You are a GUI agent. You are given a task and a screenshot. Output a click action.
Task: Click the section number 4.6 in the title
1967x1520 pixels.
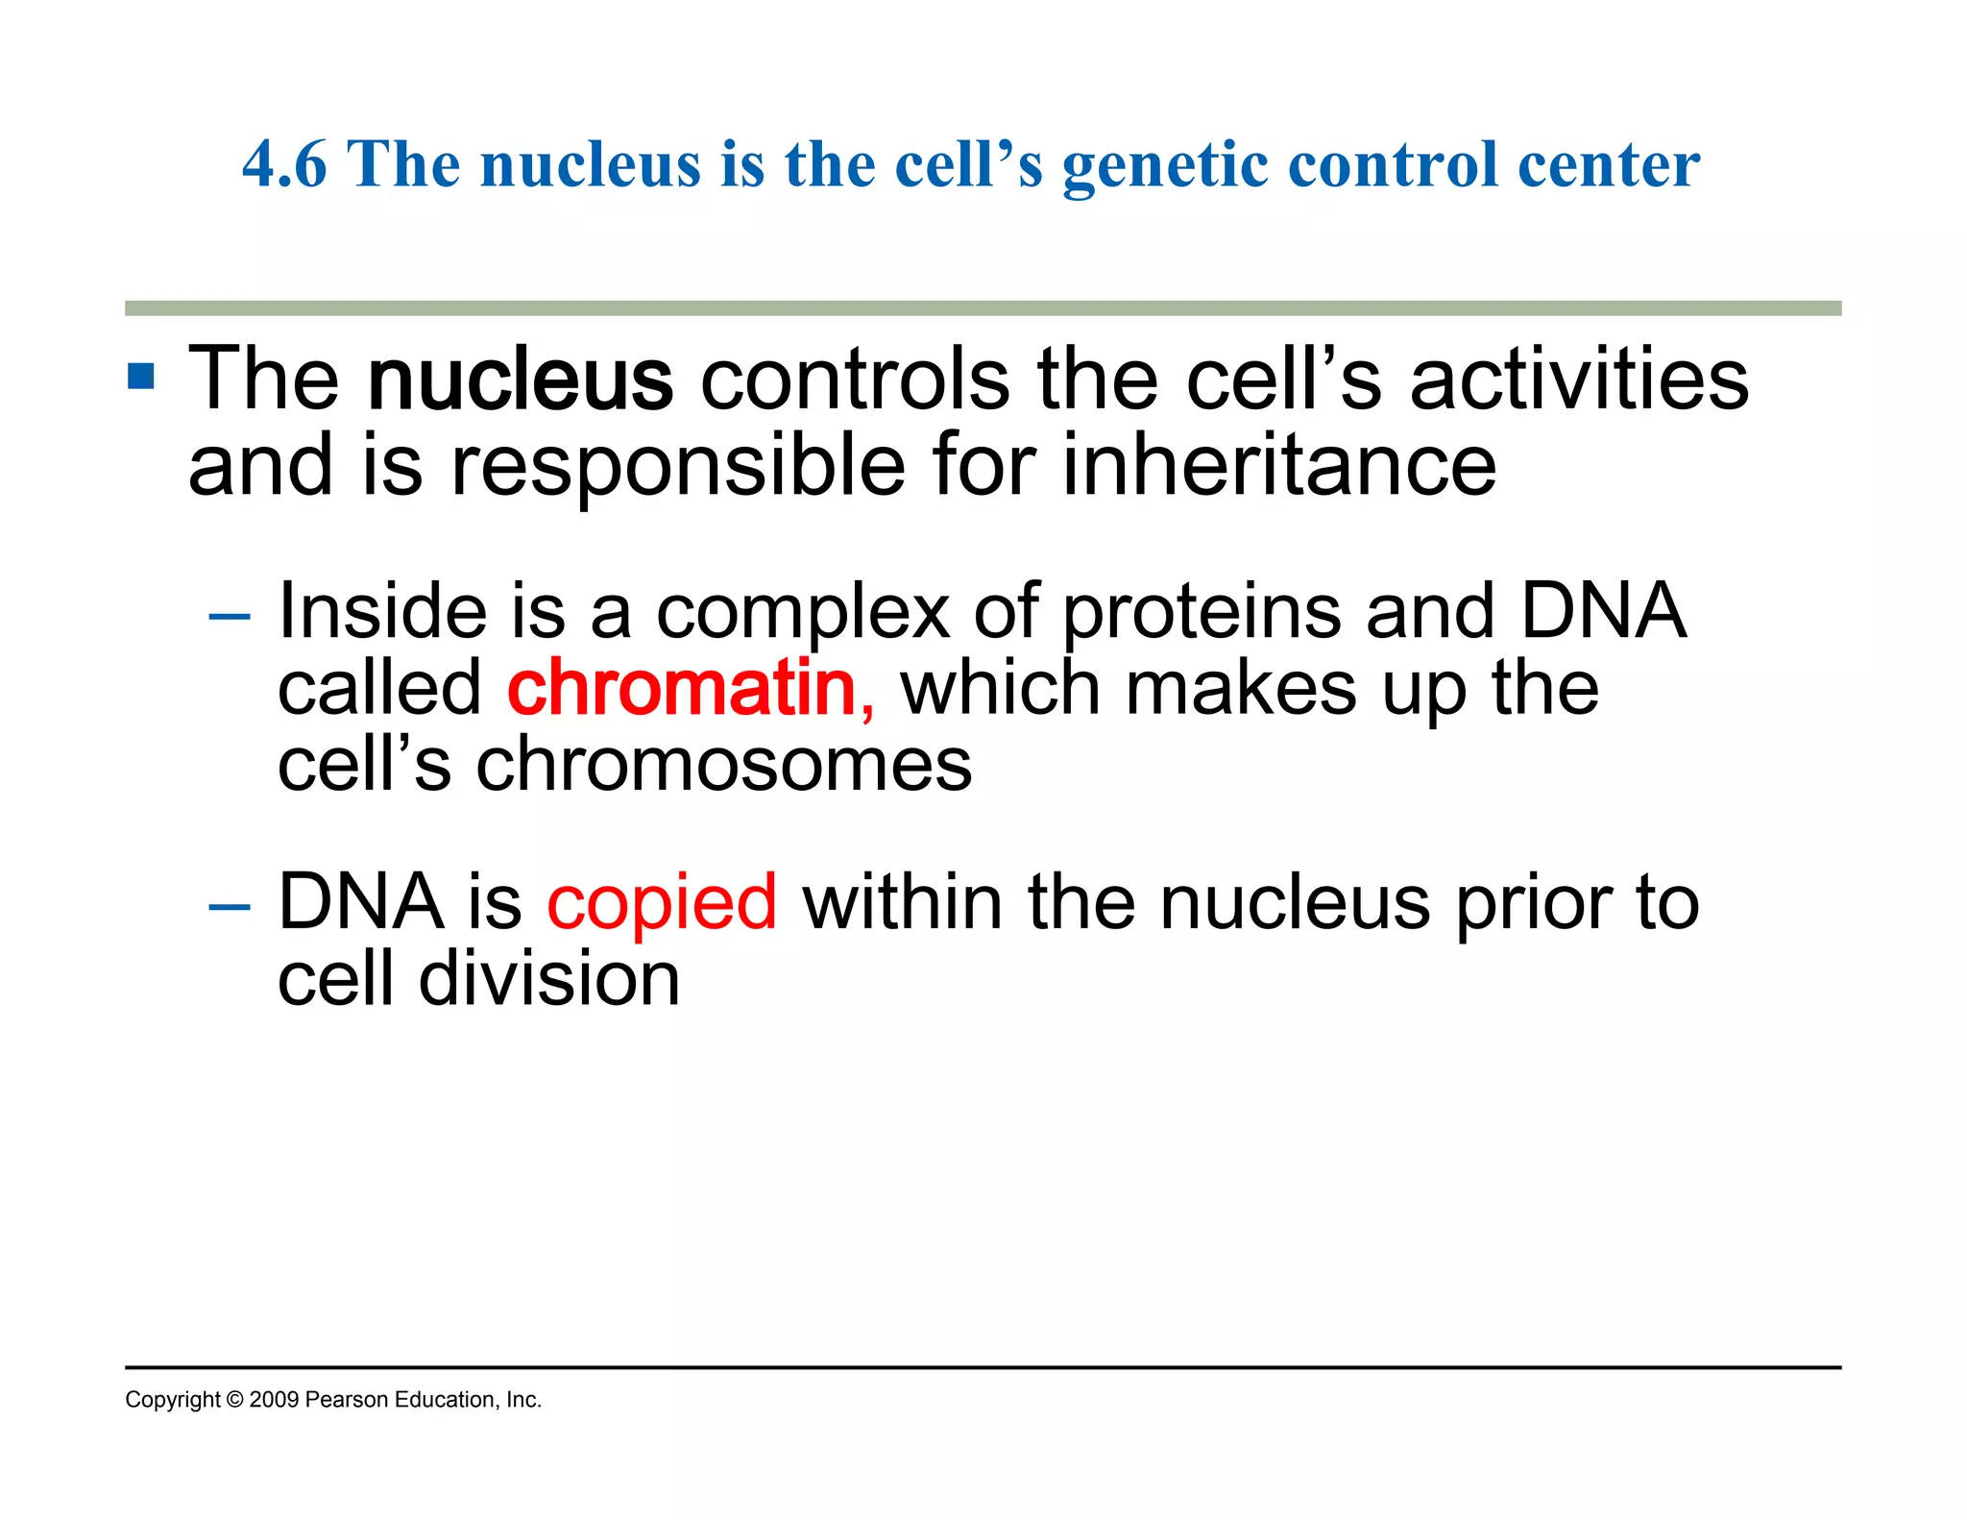pyautogui.click(x=284, y=164)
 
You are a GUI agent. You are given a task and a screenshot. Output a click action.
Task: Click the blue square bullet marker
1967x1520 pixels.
pyautogui.click(x=140, y=376)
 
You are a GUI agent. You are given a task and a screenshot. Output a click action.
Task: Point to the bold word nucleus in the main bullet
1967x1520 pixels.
pyautogui.click(x=520, y=381)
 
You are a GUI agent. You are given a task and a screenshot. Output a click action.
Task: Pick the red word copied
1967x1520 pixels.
pyautogui.click(x=662, y=902)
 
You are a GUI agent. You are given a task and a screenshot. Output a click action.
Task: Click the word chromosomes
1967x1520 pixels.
pyautogui.click(x=724, y=766)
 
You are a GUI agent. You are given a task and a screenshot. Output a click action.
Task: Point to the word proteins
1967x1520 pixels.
pyautogui.click(x=1202, y=612)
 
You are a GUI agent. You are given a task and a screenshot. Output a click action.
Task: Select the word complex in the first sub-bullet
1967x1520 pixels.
pyautogui.click(x=803, y=612)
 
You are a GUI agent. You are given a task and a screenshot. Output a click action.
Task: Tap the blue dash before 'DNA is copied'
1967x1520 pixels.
pyautogui.click(x=229, y=905)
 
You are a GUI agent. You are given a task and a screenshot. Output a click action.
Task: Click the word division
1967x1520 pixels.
pyautogui.click(x=549, y=980)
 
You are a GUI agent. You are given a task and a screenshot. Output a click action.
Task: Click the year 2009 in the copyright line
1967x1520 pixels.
pyautogui.click(x=274, y=1400)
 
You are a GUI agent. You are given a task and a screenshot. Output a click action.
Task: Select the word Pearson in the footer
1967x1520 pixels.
pyautogui.click(x=346, y=1400)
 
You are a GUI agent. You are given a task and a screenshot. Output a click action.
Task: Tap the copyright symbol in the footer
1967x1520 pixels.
pyautogui.click(x=234, y=1400)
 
